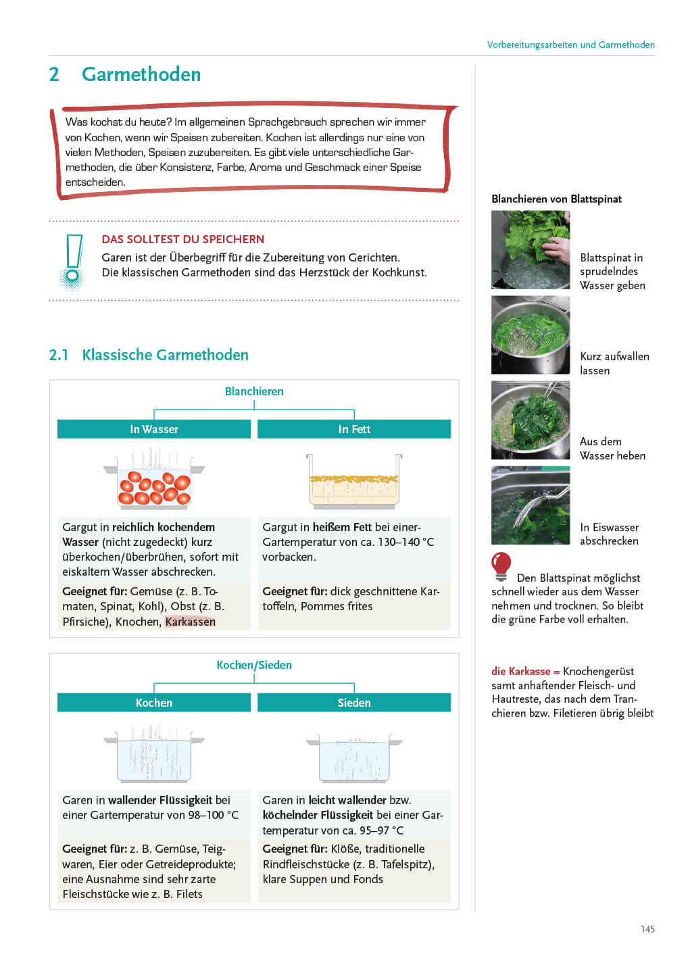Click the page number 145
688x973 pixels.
[x=647, y=929]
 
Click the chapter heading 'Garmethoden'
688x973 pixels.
[x=141, y=74]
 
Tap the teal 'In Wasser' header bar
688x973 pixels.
[x=154, y=429]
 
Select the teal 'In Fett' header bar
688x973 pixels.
[x=354, y=429]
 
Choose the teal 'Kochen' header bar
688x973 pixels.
[x=154, y=703]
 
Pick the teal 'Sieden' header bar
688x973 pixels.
[x=354, y=703]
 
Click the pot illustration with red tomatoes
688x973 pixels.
[x=154, y=483]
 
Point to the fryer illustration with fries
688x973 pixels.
[x=354, y=481]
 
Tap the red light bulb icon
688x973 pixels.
[x=501, y=566]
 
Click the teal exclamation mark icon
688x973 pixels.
[x=72, y=261]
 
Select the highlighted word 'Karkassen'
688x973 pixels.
[x=190, y=622]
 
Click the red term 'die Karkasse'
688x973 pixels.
[x=521, y=671]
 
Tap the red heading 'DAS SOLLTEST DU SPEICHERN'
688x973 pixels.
[x=183, y=239]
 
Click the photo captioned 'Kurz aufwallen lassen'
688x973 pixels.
[x=531, y=335]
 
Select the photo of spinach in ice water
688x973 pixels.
[x=531, y=505]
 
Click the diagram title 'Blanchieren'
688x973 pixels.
[x=254, y=391]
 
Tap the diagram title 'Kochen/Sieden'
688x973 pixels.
[x=254, y=665]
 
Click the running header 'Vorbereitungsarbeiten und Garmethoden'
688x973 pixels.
[x=570, y=45]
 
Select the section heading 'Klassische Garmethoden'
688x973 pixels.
[x=165, y=355]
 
